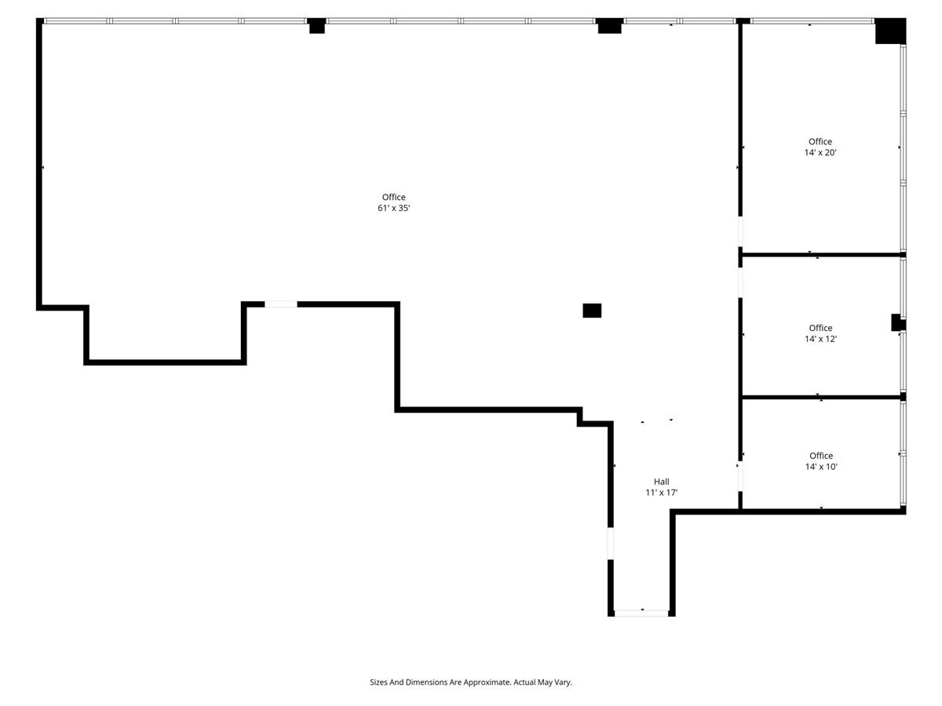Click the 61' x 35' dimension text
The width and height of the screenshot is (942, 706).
[x=393, y=208]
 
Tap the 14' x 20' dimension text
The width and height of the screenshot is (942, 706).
[x=820, y=152]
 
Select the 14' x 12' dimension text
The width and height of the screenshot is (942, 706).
[x=820, y=339]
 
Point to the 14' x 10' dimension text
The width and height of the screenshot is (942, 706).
[x=821, y=467]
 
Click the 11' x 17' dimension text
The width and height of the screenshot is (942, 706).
[x=661, y=493]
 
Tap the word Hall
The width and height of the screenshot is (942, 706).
[x=661, y=482]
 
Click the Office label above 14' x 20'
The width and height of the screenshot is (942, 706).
[x=820, y=141]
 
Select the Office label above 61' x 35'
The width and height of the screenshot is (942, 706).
[x=393, y=197]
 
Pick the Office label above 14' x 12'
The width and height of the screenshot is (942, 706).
[x=820, y=328]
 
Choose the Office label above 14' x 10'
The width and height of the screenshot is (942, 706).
[x=821, y=456]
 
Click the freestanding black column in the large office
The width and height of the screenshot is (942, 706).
[x=592, y=311]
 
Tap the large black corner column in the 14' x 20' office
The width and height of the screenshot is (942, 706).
[x=890, y=31]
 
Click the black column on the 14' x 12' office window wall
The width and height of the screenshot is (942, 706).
[x=898, y=322]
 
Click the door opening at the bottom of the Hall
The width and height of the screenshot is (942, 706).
[x=641, y=613]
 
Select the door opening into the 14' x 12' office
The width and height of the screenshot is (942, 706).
[x=740, y=282]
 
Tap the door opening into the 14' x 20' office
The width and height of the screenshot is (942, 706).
[x=740, y=231]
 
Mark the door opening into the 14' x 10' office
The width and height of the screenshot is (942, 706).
[x=740, y=476]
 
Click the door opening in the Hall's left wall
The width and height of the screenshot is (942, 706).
[x=611, y=543]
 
